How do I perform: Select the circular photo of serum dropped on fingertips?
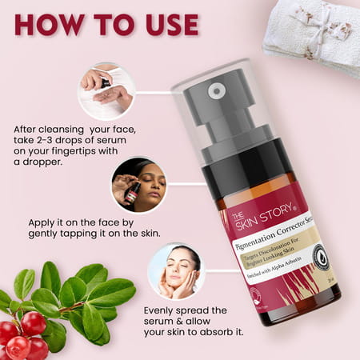(106, 91)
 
